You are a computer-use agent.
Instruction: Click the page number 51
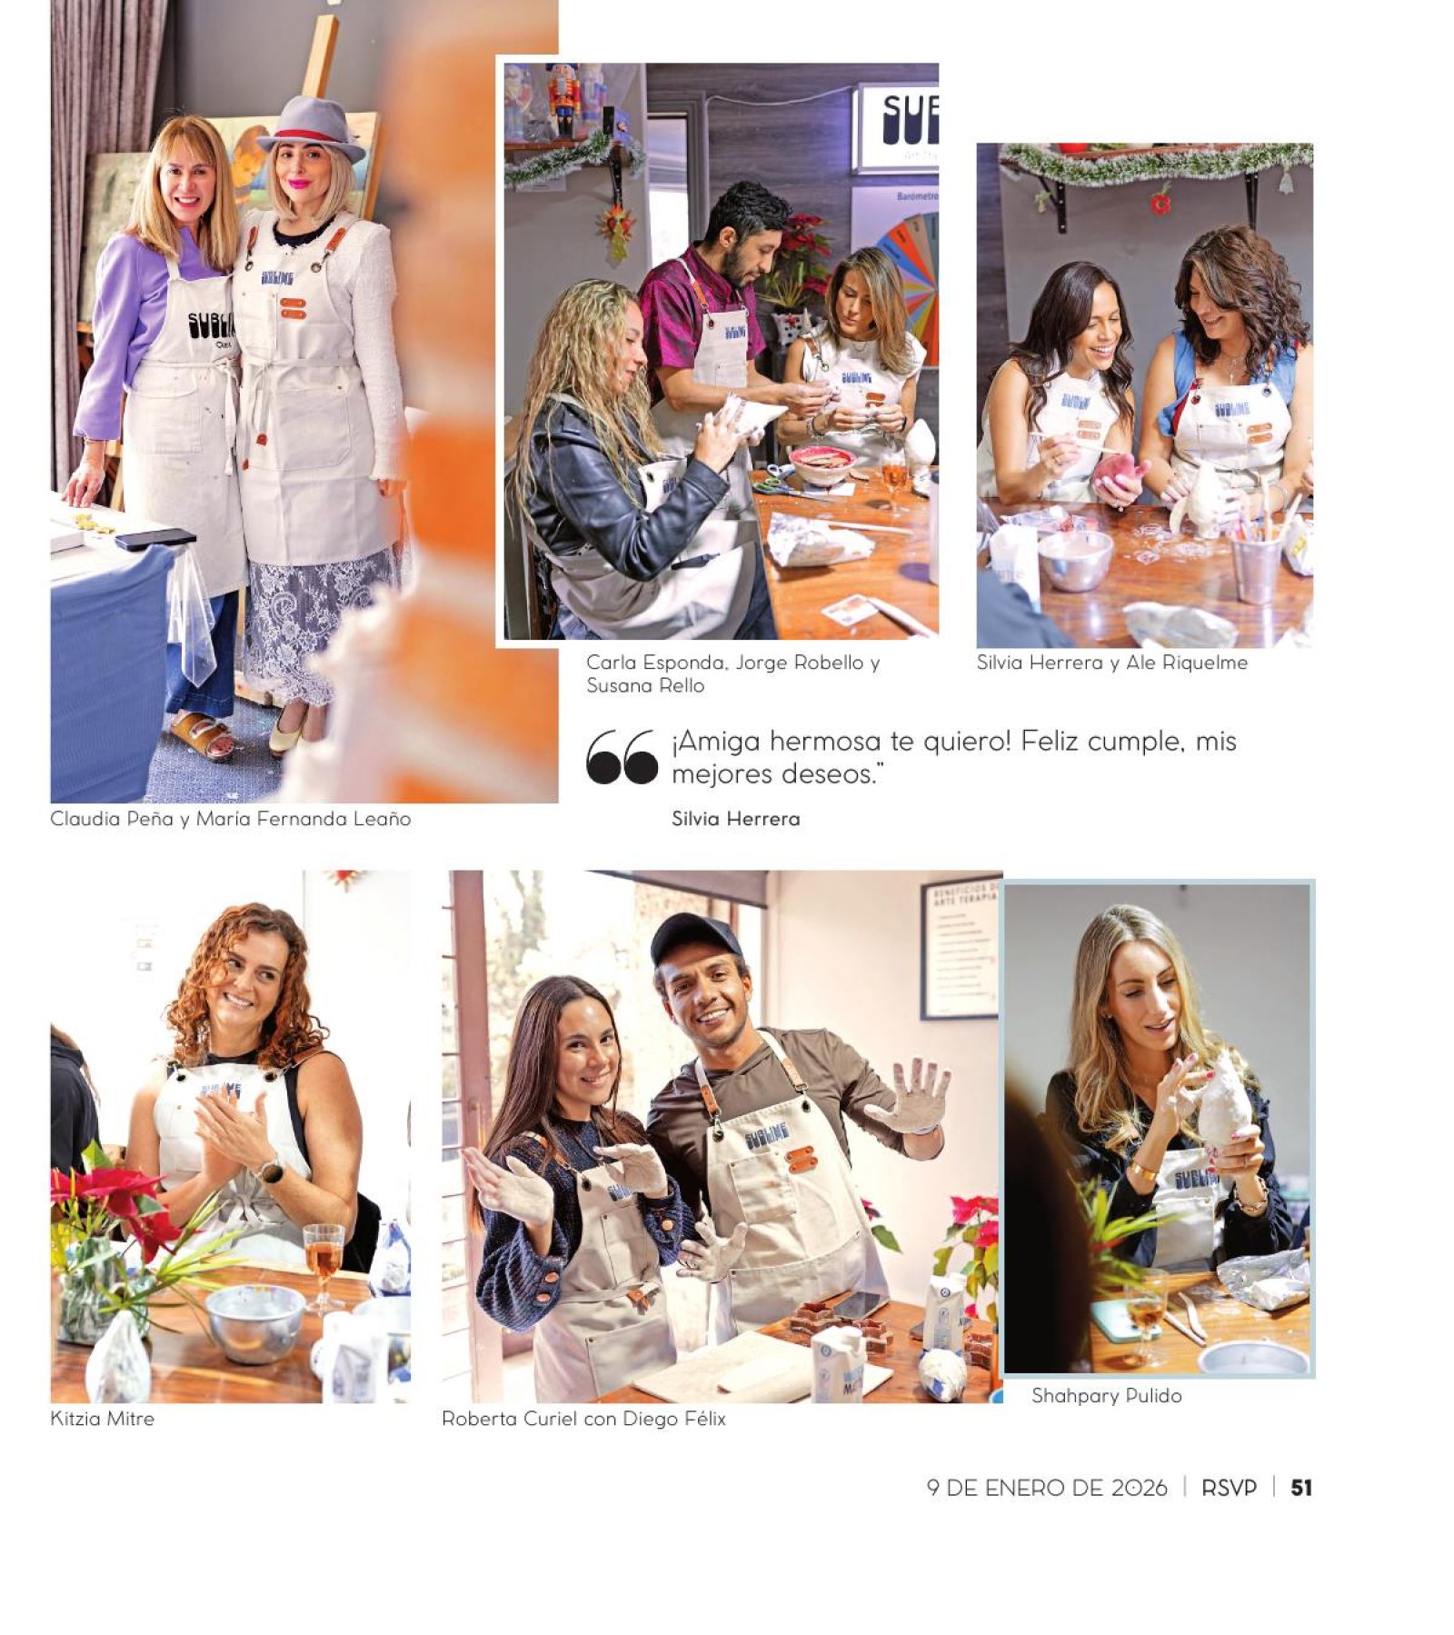(x=1300, y=1488)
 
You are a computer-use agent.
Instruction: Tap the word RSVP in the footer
(x=1229, y=1488)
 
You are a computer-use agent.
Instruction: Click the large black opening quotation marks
(x=622, y=756)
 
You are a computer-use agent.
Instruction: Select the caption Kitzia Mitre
(x=102, y=1418)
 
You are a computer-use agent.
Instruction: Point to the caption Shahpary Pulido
(x=1106, y=1396)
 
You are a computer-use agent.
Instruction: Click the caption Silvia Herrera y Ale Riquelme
(x=1111, y=663)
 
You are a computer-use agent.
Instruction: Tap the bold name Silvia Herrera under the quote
(x=735, y=819)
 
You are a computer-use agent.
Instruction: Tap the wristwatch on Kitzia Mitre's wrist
(x=271, y=1170)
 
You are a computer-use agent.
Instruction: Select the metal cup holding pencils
(x=1257, y=563)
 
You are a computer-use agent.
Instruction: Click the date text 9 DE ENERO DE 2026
(x=1047, y=1488)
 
